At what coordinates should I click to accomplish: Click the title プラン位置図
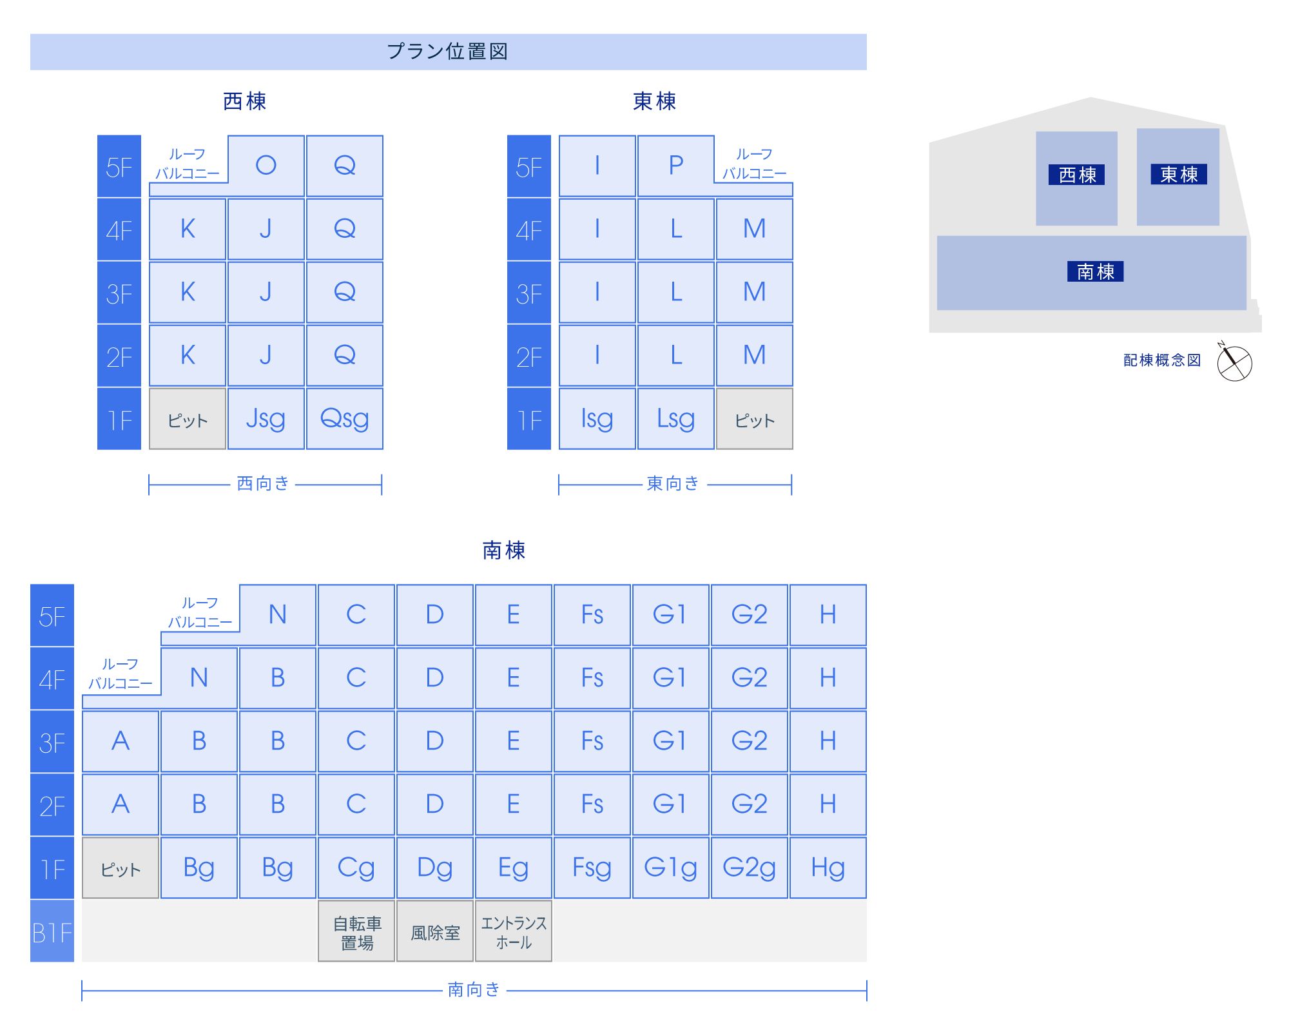point(447,52)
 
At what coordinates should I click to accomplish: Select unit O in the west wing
point(266,166)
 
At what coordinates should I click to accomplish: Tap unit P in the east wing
point(675,166)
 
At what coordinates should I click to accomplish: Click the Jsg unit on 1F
point(266,419)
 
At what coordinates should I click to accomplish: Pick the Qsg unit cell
point(344,419)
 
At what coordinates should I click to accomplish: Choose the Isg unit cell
point(597,419)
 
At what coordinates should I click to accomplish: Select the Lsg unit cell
point(675,419)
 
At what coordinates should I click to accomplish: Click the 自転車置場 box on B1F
point(356,932)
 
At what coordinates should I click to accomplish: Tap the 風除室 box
point(435,932)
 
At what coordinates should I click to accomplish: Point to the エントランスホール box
point(514,932)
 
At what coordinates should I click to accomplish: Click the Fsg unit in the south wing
point(592,868)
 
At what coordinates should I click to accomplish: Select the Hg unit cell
point(828,868)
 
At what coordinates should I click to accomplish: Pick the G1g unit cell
point(670,868)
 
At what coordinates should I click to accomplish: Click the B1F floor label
point(52,932)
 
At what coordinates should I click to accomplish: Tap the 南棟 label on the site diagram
point(1095,271)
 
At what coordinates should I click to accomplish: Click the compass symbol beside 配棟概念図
point(1234,363)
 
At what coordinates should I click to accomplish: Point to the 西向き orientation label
point(263,483)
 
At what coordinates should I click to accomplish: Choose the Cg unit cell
point(356,868)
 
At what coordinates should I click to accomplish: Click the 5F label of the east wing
point(529,167)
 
